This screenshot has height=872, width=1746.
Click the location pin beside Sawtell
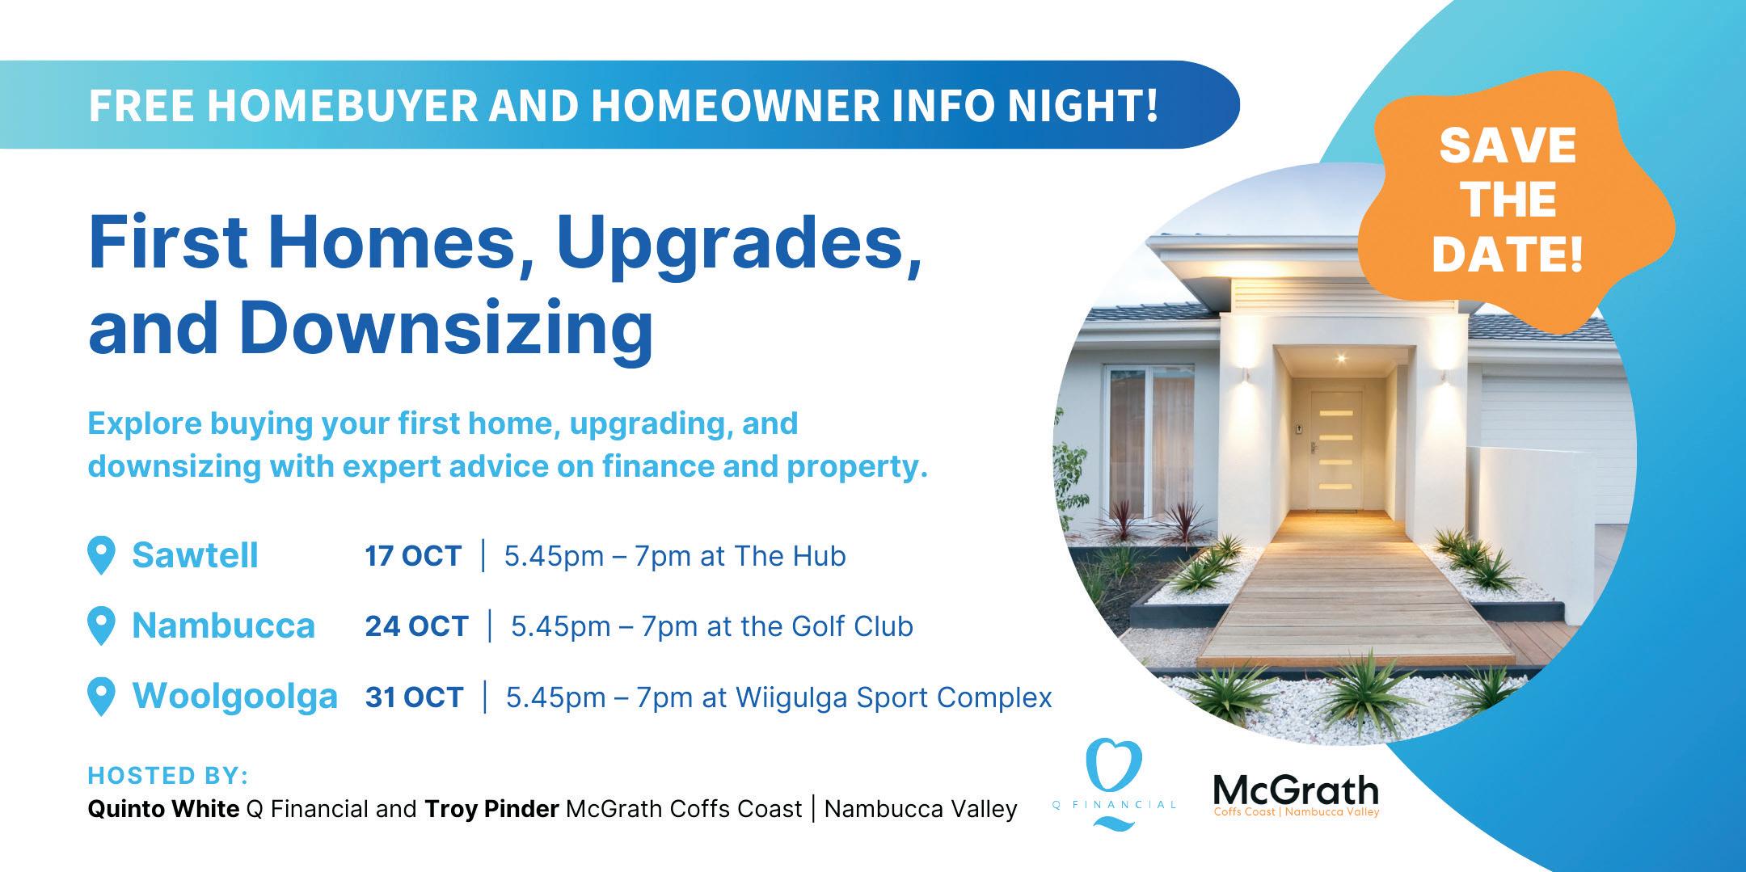coord(101,556)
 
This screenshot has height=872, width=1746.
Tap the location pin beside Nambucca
coord(101,626)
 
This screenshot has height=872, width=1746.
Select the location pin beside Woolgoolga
coord(101,697)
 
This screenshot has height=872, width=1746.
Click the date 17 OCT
coord(413,556)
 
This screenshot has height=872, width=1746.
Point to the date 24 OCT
coord(416,626)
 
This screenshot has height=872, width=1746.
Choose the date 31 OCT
coord(414,697)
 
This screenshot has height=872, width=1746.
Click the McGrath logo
coord(1296,796)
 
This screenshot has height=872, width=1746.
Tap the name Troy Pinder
coord(491,809)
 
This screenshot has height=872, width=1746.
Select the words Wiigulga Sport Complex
coord(893,697)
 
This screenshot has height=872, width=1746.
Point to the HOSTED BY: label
coord(168,776)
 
